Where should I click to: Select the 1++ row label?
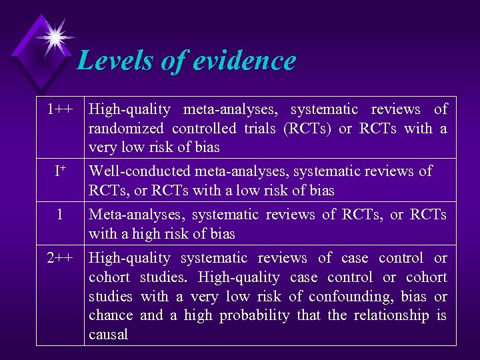(x=60, y=109)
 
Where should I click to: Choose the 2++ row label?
(x=60, y=258)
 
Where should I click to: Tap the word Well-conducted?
(x=139, y=171)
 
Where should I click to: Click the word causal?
(x=108, y=335)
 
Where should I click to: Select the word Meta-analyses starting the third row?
(x=137, y=215)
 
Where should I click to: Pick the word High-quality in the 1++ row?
(x=129, y=109)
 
